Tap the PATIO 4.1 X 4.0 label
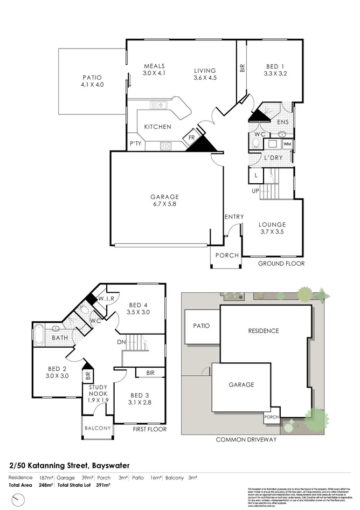pyautogui.click(x=92, y=81)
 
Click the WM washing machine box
pyautogui.click(x=287, y=144)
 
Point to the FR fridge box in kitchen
pyautogui.click(x=191, y=137)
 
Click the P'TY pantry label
pyautogui.click(x=135, y=144)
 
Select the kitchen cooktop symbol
pyautogui.click(x=166, y=144)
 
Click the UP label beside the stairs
pyautogui.click(x=255, y=191)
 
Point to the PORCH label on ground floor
pyautogui.click(x=226, y=256)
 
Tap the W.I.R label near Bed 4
pyautogui.click(x=105, y=299)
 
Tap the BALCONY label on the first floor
pyautogui.click(x=98, y=428)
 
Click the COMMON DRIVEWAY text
pyautogui.click(x=246, y=439)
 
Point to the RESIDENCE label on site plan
pyautogui.click(x=263, y=330)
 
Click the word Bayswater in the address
pyautogui.click(x=110, y=465)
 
